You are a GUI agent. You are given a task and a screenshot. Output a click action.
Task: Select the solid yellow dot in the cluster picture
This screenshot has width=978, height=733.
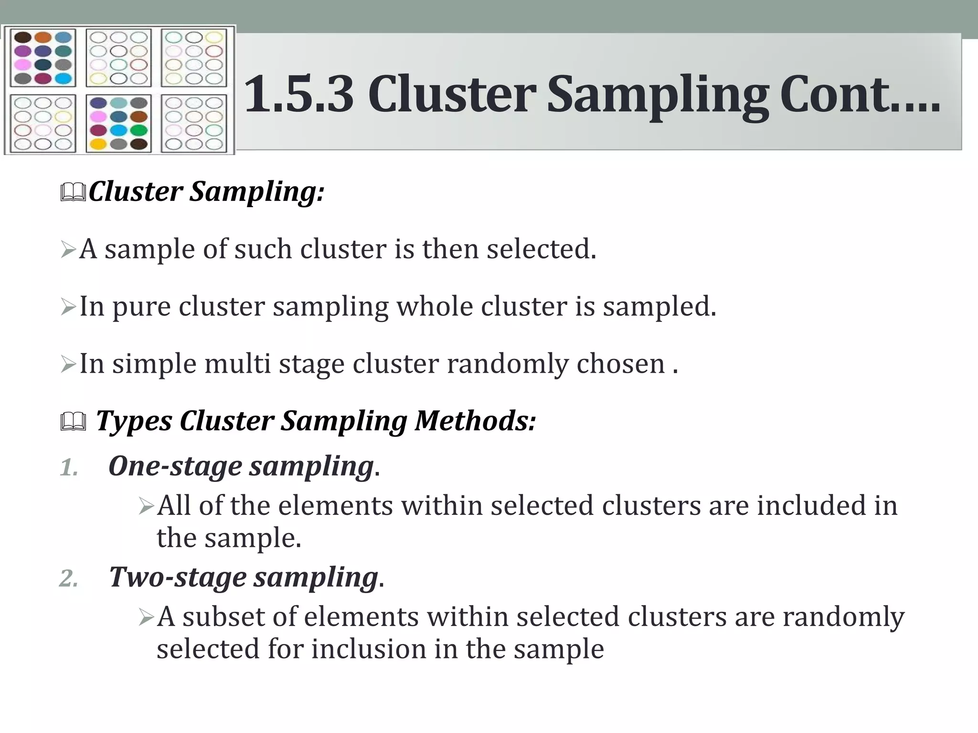98,144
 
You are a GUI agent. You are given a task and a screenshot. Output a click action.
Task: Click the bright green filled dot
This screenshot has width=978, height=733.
139,130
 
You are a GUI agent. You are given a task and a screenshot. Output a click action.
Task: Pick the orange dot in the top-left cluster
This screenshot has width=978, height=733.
43,37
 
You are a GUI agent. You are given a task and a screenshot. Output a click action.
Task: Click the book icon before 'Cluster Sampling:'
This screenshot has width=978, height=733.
73,192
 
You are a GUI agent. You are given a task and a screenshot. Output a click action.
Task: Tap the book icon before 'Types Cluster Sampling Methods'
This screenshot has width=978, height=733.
73,422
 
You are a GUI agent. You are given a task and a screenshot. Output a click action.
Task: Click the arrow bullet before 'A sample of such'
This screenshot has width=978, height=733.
68,250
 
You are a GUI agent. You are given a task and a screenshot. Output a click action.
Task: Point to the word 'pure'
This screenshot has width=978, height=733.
141,307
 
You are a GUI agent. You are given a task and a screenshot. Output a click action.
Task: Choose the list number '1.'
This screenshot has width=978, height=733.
69,468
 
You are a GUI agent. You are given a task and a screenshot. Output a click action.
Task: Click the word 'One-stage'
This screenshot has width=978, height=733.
175,466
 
